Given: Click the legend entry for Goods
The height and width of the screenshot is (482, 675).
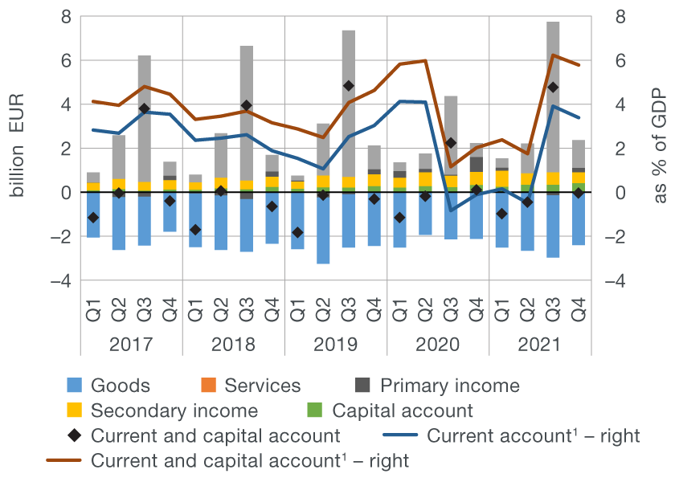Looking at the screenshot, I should [121, 386].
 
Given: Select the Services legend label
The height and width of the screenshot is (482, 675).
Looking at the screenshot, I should [262, 386].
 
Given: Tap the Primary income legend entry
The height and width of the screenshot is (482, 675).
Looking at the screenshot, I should [449, 386].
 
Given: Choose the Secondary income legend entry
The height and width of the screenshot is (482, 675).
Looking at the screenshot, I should [174, 411].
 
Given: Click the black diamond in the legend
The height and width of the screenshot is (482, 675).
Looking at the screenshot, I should [75, 436].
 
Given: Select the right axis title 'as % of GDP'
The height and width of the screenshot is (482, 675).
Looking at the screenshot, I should [660, 149].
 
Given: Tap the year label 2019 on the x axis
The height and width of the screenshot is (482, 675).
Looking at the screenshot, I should [335, 345].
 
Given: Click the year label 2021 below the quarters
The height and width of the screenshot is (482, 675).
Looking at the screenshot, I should [539, 345].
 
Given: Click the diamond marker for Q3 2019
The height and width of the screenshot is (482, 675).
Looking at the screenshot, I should [349, 86].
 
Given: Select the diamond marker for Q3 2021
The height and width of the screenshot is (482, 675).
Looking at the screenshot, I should [553, 87].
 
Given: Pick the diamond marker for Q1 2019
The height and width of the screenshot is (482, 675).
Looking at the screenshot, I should [298, 232].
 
